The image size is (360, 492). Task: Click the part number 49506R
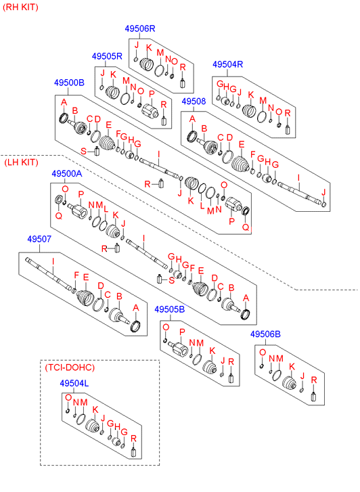tap(140, 28)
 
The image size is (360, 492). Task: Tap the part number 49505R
tap(107, 56)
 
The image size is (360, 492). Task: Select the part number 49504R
tap(228, 64)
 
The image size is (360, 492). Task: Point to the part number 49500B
tap(69, 83)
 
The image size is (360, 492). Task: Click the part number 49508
tap(194, 102)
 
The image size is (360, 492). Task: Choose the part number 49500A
tap(67, 173)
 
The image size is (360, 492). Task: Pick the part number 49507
tap(39, 239)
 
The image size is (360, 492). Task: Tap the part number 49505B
tap(170, 309)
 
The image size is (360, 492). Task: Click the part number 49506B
tap(265, 334)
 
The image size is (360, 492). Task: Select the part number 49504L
tap(74, 384)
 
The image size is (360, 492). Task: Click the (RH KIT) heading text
tap(21, 7)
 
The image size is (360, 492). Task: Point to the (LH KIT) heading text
tap(21, 162)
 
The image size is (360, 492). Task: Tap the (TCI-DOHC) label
tap(70, 367)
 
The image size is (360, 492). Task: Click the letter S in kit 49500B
tap(83, 151)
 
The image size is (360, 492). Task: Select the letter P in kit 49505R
tap(152, 94)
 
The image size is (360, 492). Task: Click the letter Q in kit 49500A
tap(58, 216)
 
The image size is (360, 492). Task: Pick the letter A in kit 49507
tap(135, 308)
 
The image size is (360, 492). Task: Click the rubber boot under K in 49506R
tap(146, 65)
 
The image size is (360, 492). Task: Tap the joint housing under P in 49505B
tap(178, 349)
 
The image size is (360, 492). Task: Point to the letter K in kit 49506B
tap(292, 367)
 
